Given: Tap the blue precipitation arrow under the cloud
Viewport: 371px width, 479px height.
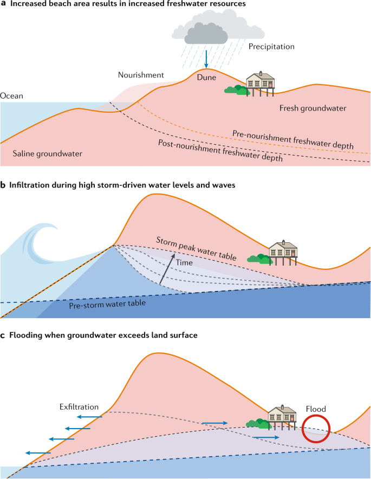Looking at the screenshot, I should pyautogui.click(x=206, y=57).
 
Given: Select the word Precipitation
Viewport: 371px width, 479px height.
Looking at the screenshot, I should pyautogui.click(x=271, y=47).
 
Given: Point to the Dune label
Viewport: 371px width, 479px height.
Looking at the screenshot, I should pyautogui.click(x=207, y=77).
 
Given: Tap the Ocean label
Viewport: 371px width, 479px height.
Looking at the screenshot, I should pyautogui.click(x=11, y=96).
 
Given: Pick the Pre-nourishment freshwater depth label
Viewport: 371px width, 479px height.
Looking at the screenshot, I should pyautogui.click(x=292, y=140).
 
